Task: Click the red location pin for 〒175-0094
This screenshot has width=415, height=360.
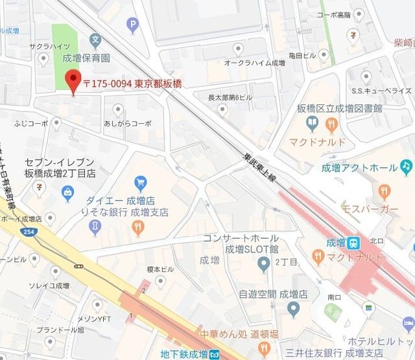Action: tap(73, 81)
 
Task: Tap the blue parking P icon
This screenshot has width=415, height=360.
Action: tap(134, 26)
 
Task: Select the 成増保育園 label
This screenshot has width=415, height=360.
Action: tap(86, 58)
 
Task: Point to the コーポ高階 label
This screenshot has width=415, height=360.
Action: tap(333, 14)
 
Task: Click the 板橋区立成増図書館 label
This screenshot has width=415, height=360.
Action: tap(340, 108)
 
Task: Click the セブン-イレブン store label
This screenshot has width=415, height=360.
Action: tap(59, 168)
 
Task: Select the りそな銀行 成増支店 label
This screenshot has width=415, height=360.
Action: tap(130, 212)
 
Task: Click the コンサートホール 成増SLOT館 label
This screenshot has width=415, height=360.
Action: tap(240, 243)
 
